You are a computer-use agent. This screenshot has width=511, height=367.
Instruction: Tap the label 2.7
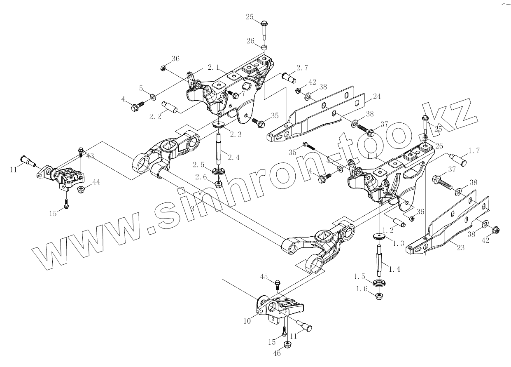pos(302,68)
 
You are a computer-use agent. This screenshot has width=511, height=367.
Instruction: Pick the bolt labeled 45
pos(277,284)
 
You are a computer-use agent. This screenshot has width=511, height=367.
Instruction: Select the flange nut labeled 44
pos(81,190)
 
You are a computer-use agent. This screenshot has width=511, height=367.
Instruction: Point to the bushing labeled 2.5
pos(218,172)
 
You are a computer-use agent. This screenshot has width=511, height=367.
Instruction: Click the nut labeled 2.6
pos(218,183)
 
